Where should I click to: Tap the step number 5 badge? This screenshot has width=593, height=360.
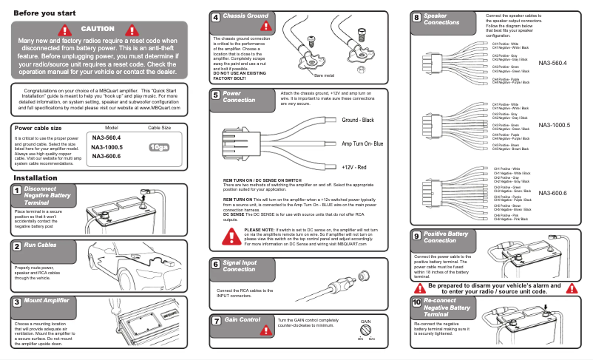pyautogui.click(x=214, y=95)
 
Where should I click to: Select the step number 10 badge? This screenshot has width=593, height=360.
pyautogui.click(x=417, y=303)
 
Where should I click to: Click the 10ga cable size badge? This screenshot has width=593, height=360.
pyautogui.click(x=159, y=147)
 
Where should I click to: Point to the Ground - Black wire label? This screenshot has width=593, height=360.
pyautogui.click(x=358, y=120)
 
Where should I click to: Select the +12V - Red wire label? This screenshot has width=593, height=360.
pyautogui.click(x=354, y=168)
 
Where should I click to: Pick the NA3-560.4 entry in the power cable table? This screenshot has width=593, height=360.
pyautogui.click(x=106, y=138)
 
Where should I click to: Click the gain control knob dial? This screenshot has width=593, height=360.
pyautogui.click(x=366, y=330)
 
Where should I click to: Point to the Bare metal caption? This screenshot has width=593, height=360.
pyautogui.click(x=325, y=75)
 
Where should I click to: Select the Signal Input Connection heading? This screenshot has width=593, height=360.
pyautogui.click(x=240, y=265)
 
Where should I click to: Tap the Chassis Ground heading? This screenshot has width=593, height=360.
pyautogui.click(x=245, y=16)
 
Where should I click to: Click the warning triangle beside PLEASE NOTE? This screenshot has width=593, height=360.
pyautogui.click(x=233, y=237)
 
